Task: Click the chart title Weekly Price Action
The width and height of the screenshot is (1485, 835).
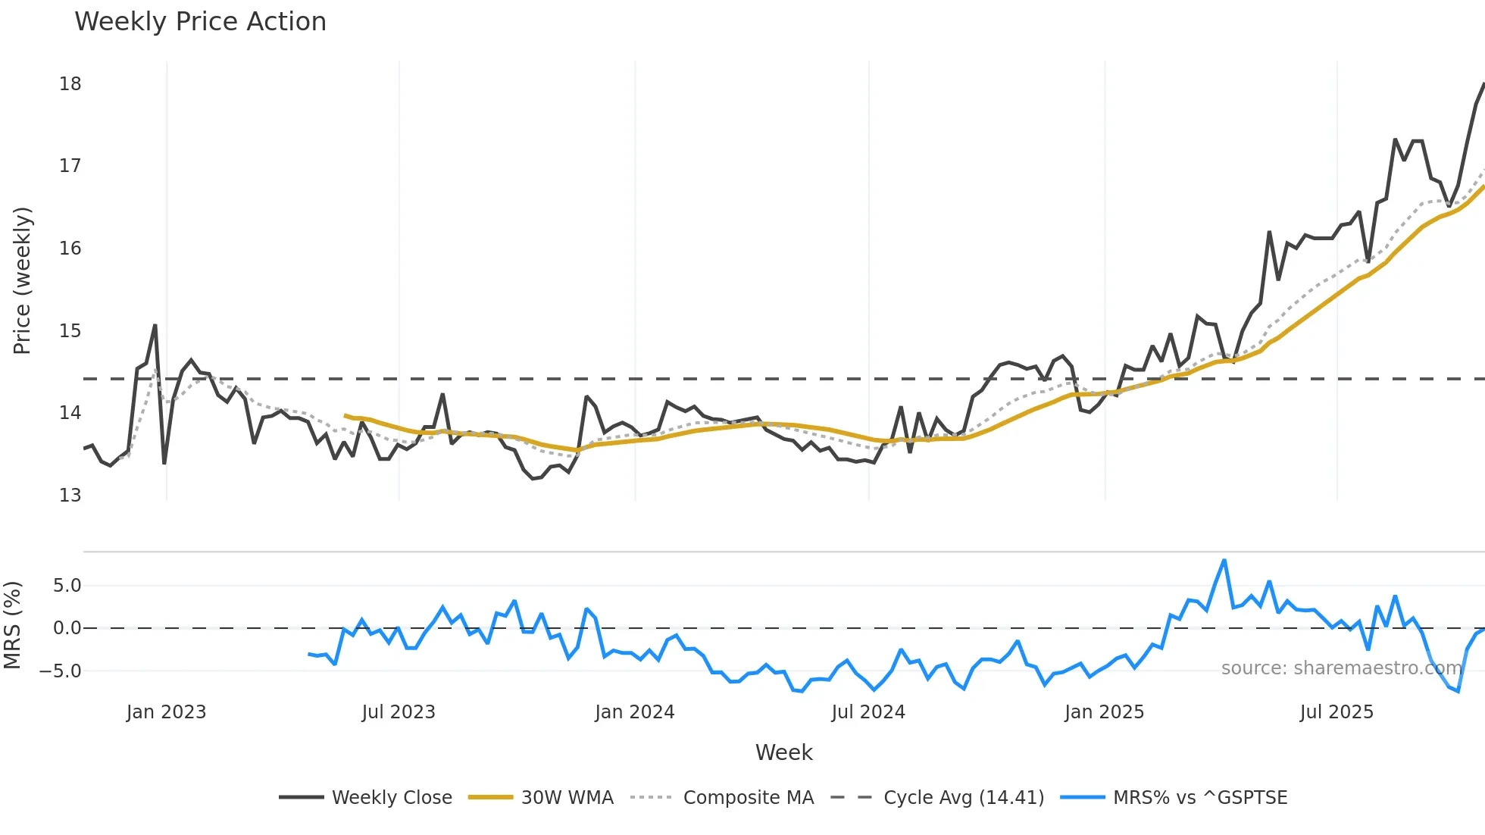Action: click(200, 22)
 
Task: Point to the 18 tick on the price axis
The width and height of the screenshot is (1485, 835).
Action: click(70, 84)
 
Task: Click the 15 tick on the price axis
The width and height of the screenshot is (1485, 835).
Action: click(70, 331)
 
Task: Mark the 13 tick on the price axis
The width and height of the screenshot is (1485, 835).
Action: click(70, 496)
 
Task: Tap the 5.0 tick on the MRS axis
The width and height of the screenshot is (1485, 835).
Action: click(67, 586)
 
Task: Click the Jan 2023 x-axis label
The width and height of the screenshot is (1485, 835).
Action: click(166, 712)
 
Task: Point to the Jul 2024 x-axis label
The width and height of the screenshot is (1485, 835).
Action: click(868, 712)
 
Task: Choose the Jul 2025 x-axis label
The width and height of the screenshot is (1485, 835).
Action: click(1336, 712)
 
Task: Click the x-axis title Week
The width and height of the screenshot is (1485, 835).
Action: click(783, 752)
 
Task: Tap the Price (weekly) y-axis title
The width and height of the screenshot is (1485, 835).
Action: click(22, 280)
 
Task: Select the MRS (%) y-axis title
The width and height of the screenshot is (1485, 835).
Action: click(12, 625)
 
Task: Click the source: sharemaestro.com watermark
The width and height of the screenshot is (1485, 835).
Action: click(1341, 668)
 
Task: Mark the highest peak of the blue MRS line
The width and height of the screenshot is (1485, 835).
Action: click(1224, 561)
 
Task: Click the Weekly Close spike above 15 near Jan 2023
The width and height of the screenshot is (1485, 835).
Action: click(155, 326)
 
